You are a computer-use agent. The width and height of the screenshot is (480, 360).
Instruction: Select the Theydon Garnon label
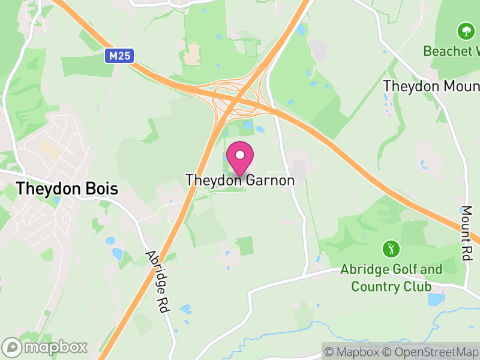point(240,180)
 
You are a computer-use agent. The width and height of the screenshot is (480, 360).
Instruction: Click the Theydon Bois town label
point(67,188)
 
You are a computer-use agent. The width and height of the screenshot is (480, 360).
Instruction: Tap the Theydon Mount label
point(431,86)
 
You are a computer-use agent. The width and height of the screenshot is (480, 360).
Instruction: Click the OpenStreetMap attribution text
point(431,352)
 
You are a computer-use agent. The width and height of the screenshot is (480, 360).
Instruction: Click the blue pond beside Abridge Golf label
point(437,298)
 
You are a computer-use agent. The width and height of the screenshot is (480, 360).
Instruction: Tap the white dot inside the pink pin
point(240,155)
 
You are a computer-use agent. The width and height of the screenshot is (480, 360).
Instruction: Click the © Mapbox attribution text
point(353,352)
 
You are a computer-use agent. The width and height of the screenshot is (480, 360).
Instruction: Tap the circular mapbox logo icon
point(12,347)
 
